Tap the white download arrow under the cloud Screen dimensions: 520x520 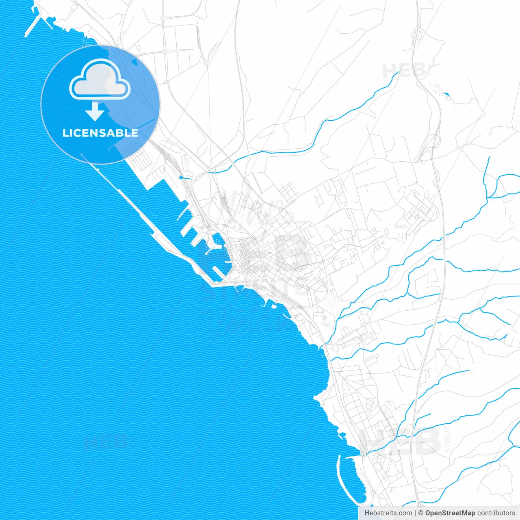click(95, 111)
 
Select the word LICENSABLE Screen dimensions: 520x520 click(100, 133)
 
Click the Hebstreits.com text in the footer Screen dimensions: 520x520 click(388, 513)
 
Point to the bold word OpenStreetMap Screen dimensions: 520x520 click(450, 513)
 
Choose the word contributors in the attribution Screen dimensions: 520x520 click(496, 513)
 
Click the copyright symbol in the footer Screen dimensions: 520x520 click(421, 513)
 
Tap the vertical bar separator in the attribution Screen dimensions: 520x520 click(415, 513)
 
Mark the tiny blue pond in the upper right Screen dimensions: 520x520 click(447, 95)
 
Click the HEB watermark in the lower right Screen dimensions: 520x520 click(400, 441)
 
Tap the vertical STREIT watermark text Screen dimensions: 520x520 click(448, 439)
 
